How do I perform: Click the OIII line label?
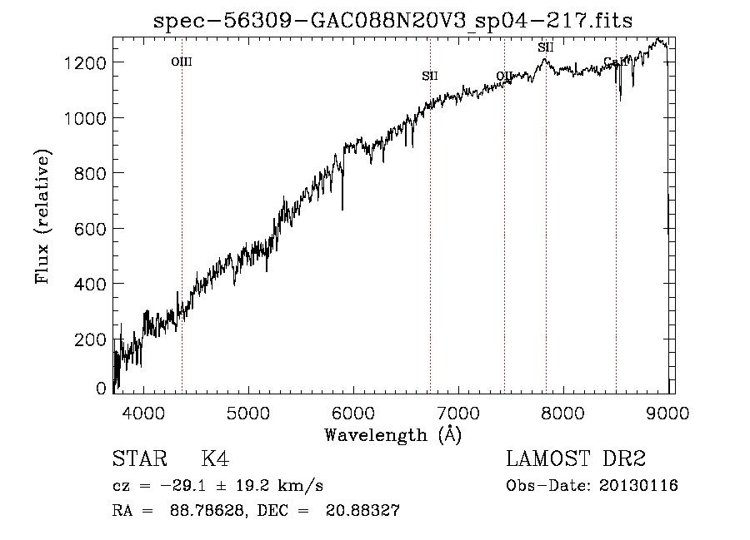coord(182,62)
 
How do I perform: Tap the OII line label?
coord(504,77)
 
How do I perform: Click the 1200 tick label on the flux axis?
coord(87,63)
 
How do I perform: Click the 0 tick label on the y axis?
coord(101,389)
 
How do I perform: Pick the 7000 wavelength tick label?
coord(457,412)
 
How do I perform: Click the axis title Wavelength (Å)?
coord(392,434)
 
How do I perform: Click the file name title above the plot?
coord(392,21)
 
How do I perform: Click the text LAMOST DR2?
coord(575,459)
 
